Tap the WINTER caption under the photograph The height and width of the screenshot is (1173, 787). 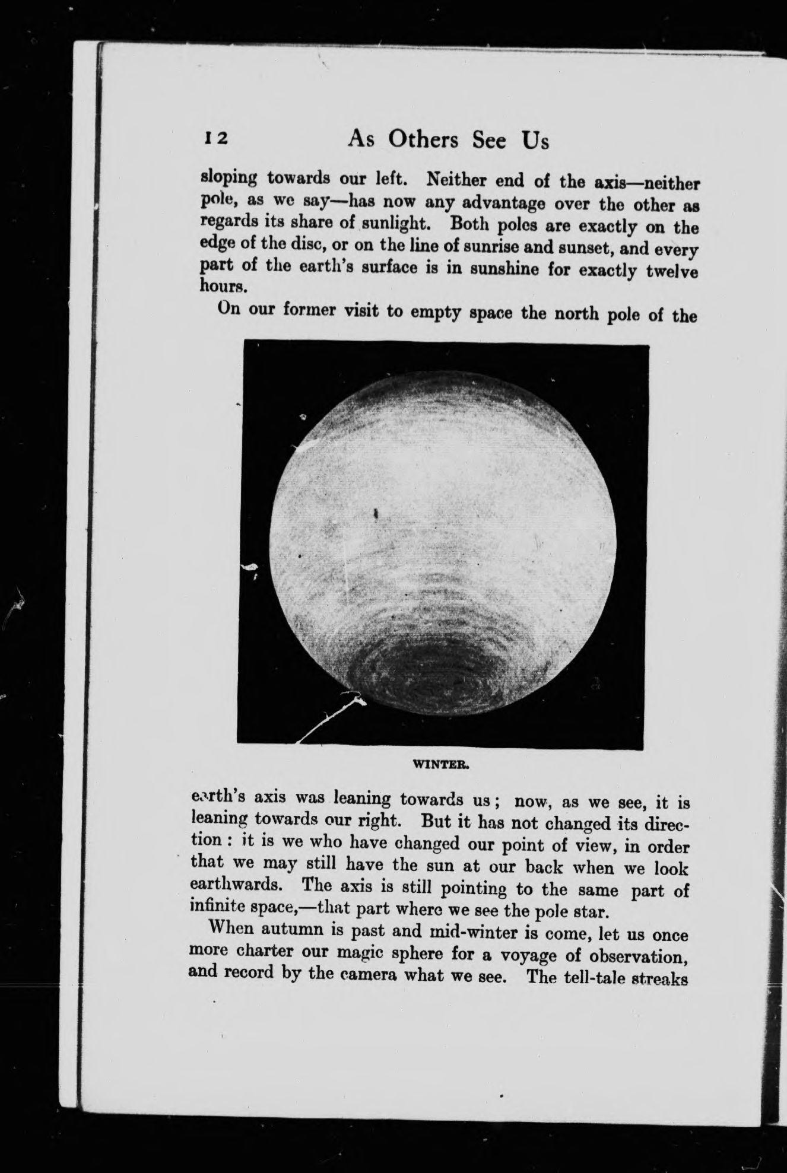pyautogui.click(x=441, y=765)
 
